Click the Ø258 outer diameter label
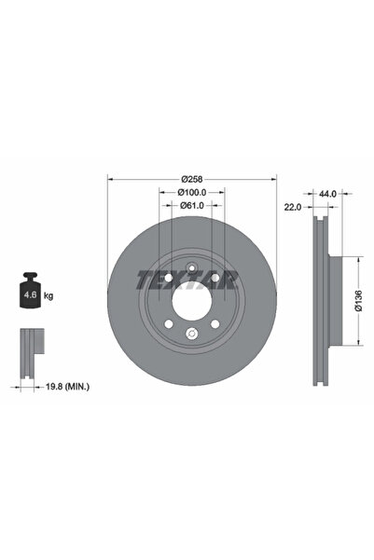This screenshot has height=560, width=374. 192,178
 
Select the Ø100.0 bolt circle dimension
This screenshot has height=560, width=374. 192,192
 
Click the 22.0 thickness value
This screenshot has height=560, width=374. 292,207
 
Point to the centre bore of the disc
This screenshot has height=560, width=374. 192,297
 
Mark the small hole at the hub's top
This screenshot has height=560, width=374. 192,270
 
